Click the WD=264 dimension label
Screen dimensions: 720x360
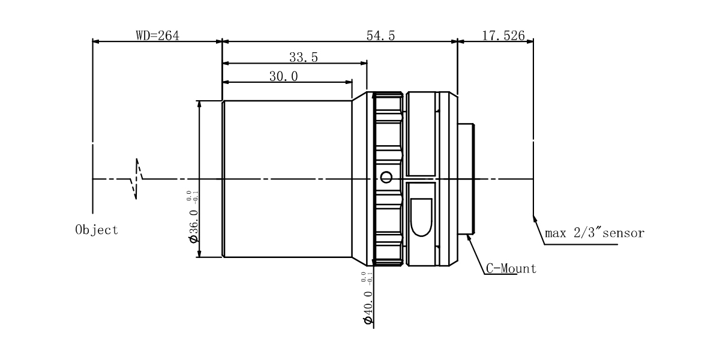tap(157, 35)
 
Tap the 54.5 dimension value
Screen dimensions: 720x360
tap(380, 35)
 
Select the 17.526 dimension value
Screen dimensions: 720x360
tap(503, 35)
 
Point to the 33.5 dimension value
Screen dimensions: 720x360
tap(304, 57)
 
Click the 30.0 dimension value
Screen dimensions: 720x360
tap(283, 77)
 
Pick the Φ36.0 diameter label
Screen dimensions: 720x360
tap(194, 226)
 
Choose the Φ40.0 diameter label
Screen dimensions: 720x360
tap(368, 308)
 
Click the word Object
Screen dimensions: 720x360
tap(97, 230)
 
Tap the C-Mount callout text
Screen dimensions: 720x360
tap(511, 269)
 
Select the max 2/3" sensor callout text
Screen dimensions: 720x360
tap(595, 233)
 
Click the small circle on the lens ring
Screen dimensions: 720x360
tap(386, 177)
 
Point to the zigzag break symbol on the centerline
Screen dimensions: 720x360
tap(137, 179)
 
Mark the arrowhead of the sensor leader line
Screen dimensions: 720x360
tap(535, 219)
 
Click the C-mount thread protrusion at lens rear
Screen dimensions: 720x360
tap(466, 179)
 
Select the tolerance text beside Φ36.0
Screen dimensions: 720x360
tap(192, 197)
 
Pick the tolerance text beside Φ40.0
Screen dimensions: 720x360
tap(367, 278)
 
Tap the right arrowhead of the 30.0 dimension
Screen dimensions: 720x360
tap(349, 82)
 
